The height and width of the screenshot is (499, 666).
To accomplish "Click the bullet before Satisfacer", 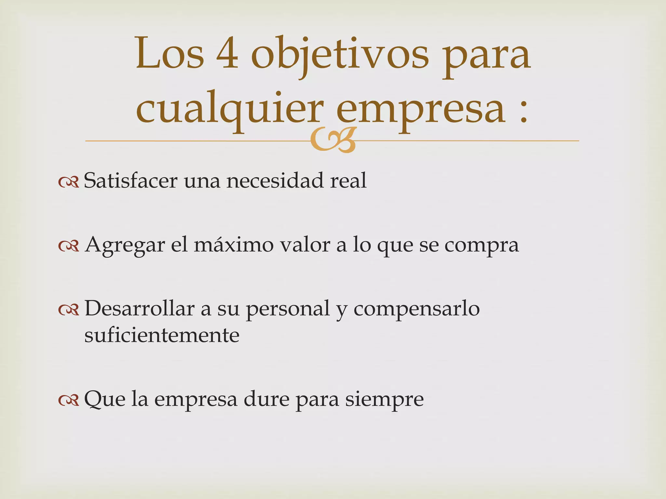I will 69,183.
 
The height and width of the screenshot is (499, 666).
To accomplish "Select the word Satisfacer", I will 130,181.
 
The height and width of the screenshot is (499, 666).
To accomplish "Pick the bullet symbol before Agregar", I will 69,246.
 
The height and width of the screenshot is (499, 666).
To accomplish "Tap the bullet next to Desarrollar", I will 69,310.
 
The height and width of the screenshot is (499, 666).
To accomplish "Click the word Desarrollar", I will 139,308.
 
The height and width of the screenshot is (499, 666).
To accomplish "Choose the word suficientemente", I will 162,335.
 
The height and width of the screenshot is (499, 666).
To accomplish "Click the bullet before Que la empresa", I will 69,401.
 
